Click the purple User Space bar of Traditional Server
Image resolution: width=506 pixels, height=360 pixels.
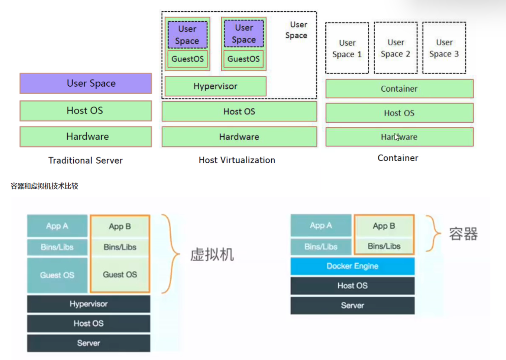tap(86, 83)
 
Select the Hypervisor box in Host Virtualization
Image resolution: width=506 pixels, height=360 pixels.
tap(215, 86)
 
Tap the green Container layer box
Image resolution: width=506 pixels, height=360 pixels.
tap(399, 89)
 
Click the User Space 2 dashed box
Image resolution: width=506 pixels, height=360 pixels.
tap(396, 48)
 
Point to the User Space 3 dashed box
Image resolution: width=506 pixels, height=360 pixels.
tap(444, 48)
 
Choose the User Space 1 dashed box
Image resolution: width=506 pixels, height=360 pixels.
tap(347, 48)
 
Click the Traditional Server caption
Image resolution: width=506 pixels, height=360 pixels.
tap(85, 160)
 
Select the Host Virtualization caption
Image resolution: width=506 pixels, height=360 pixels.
tap(237, 160)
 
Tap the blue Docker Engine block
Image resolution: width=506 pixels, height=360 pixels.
tap(352, 266)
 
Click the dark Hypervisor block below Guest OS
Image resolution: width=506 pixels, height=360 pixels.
tap(88, 304)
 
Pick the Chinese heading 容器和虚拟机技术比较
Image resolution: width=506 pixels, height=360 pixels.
tap(44, 186)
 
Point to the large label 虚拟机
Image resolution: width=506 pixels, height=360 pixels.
tap(212, 254)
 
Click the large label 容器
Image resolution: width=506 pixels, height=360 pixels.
tap(463, 234)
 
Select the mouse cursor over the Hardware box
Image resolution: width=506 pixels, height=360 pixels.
tap(397, 137)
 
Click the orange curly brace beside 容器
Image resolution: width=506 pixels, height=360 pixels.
tap(433, 233)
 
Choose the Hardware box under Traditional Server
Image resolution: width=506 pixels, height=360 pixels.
tap(86, 136)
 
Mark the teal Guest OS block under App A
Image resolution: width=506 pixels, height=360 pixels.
tap(57, 275)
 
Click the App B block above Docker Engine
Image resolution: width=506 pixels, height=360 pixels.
tap(384, 226)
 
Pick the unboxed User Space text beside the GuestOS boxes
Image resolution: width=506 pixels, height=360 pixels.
tap(297, 30)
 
